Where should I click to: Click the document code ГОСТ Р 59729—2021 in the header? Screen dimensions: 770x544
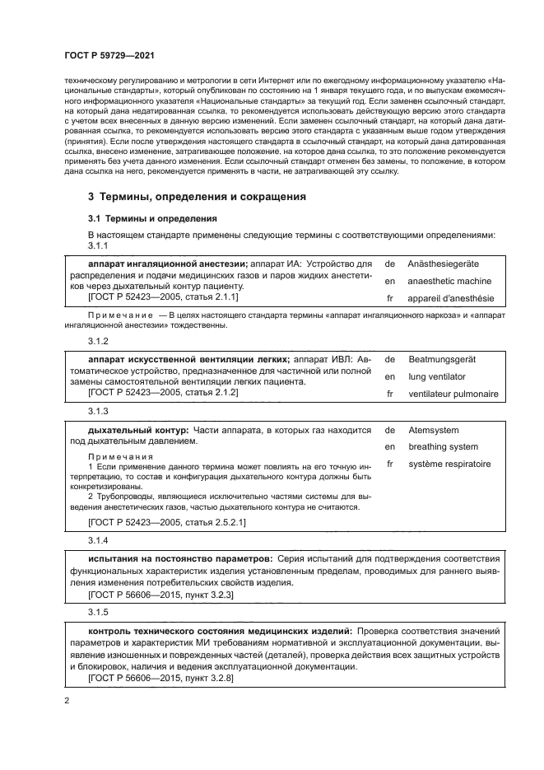click(109, 55)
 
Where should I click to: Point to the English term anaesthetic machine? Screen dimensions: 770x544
click(449, 281)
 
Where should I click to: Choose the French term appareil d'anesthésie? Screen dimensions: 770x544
click(451, 298)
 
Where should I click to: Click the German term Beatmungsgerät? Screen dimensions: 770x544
click(442, 360)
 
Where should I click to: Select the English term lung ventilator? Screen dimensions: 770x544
click(437, 376)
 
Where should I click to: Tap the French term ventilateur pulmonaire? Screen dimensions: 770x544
click(453, 394)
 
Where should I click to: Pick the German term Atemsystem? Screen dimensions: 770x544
click(434, 430)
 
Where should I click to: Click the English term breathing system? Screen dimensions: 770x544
click(443, 447)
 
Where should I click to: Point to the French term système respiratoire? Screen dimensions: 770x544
click(449, 464)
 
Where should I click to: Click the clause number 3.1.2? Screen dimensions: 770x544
click(98, 340)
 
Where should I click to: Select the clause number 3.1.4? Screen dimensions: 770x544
click(98, 539)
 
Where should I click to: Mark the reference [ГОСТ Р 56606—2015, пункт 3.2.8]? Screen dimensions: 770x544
click(160, 677)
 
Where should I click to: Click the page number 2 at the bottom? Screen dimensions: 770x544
click(66, 700)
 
